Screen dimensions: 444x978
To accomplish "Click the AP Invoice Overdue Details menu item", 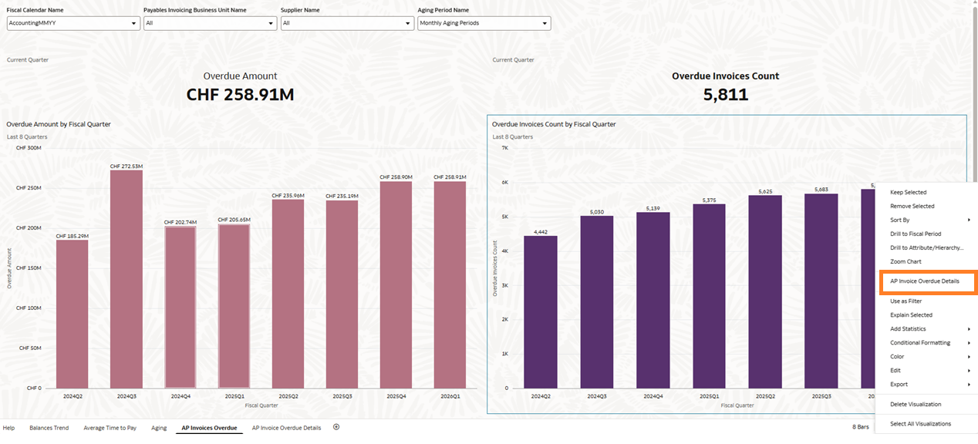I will [x=924, y=281].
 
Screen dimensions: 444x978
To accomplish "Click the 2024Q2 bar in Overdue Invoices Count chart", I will [x=540, y=311].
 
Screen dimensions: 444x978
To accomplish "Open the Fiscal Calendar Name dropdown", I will [x=73, y=23].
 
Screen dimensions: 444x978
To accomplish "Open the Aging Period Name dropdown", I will [x=484, y=23].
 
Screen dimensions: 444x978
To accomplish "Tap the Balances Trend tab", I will [x=49, y=428].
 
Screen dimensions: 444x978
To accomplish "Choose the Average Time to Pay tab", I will [x=110, y=428].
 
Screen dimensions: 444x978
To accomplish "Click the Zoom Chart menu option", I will [x=905, y=261].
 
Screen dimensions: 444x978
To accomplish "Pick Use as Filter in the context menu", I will [x=905, y=301].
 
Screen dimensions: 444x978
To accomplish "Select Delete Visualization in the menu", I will [x=916, y=404].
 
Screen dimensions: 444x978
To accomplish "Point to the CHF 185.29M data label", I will [x=72, y=236].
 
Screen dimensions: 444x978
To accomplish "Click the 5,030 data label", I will [x=596, y=212].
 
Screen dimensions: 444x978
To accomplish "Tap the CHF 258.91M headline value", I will [x=240, y=95].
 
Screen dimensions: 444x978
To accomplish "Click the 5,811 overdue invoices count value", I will [x=725, y=95].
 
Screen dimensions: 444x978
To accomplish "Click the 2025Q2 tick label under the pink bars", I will [x=288, y=396].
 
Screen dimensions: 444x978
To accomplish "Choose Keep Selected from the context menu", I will [x=908, y=192].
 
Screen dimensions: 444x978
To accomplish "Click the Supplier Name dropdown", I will [x=347, y=23].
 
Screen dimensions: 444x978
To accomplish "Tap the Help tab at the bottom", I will [x=8, y=428].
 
